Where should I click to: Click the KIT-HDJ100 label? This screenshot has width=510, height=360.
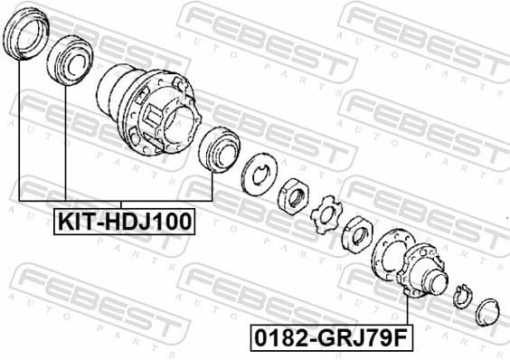coord(125,220)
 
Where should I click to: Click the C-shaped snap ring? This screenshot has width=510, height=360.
coord(462,295)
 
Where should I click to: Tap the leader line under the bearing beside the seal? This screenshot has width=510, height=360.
coord(66,136)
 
